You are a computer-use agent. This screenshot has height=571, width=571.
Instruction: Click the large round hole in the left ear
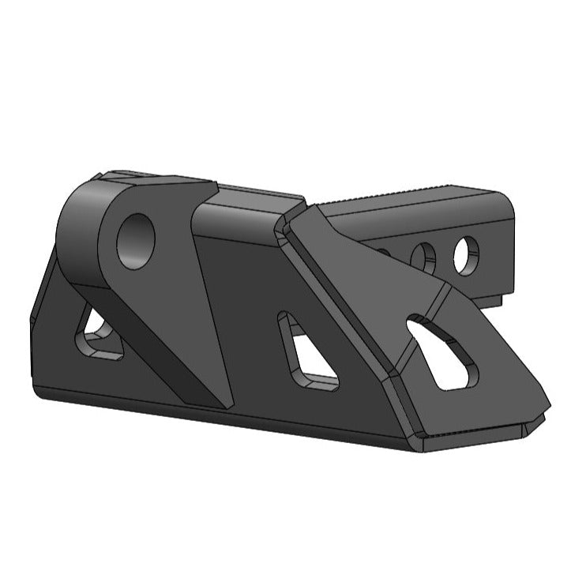click(136, 240)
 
